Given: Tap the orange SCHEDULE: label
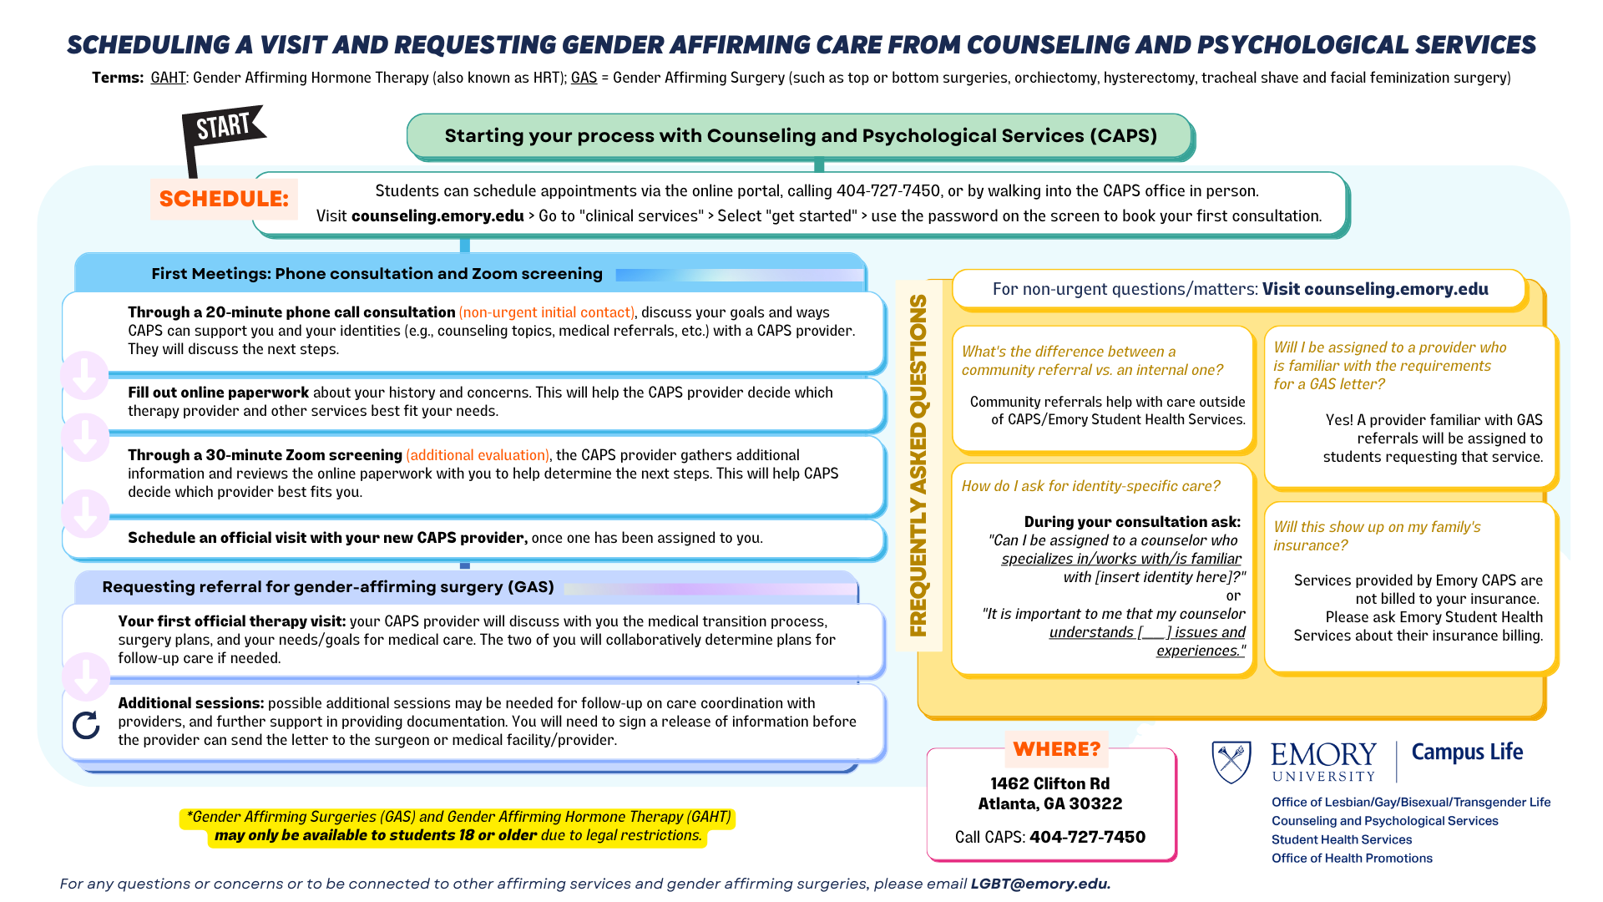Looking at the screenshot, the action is pos(224,199).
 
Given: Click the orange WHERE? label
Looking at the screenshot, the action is pos(1057,749).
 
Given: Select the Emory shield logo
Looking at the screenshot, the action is pos(1231,762).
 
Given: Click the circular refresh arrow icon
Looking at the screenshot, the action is pos(86,725).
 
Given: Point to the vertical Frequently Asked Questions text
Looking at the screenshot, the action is pos(918,465).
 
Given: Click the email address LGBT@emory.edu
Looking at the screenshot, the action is pos(1040,884).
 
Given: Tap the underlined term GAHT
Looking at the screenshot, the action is pos(169,78).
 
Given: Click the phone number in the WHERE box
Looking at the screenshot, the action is pos(1087,837).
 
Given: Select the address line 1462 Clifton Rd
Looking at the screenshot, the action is pos(1050,783).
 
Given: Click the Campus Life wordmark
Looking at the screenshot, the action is pos(1467,753).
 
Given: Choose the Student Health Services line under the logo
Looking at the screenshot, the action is pos(1342,839).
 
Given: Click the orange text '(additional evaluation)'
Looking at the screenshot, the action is pos(478,455).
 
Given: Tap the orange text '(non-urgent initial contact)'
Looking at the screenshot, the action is pos(547,312).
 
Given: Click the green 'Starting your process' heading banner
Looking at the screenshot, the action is pos(800,136).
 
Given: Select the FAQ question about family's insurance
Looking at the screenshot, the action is pos(1377,536).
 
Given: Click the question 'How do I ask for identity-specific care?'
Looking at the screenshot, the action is pos(1090,486).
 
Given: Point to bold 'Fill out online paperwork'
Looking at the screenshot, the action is pos(218,393).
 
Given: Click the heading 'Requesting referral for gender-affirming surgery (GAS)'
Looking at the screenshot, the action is pos(328,587).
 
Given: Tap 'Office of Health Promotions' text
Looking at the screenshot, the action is pos(1352,858).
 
